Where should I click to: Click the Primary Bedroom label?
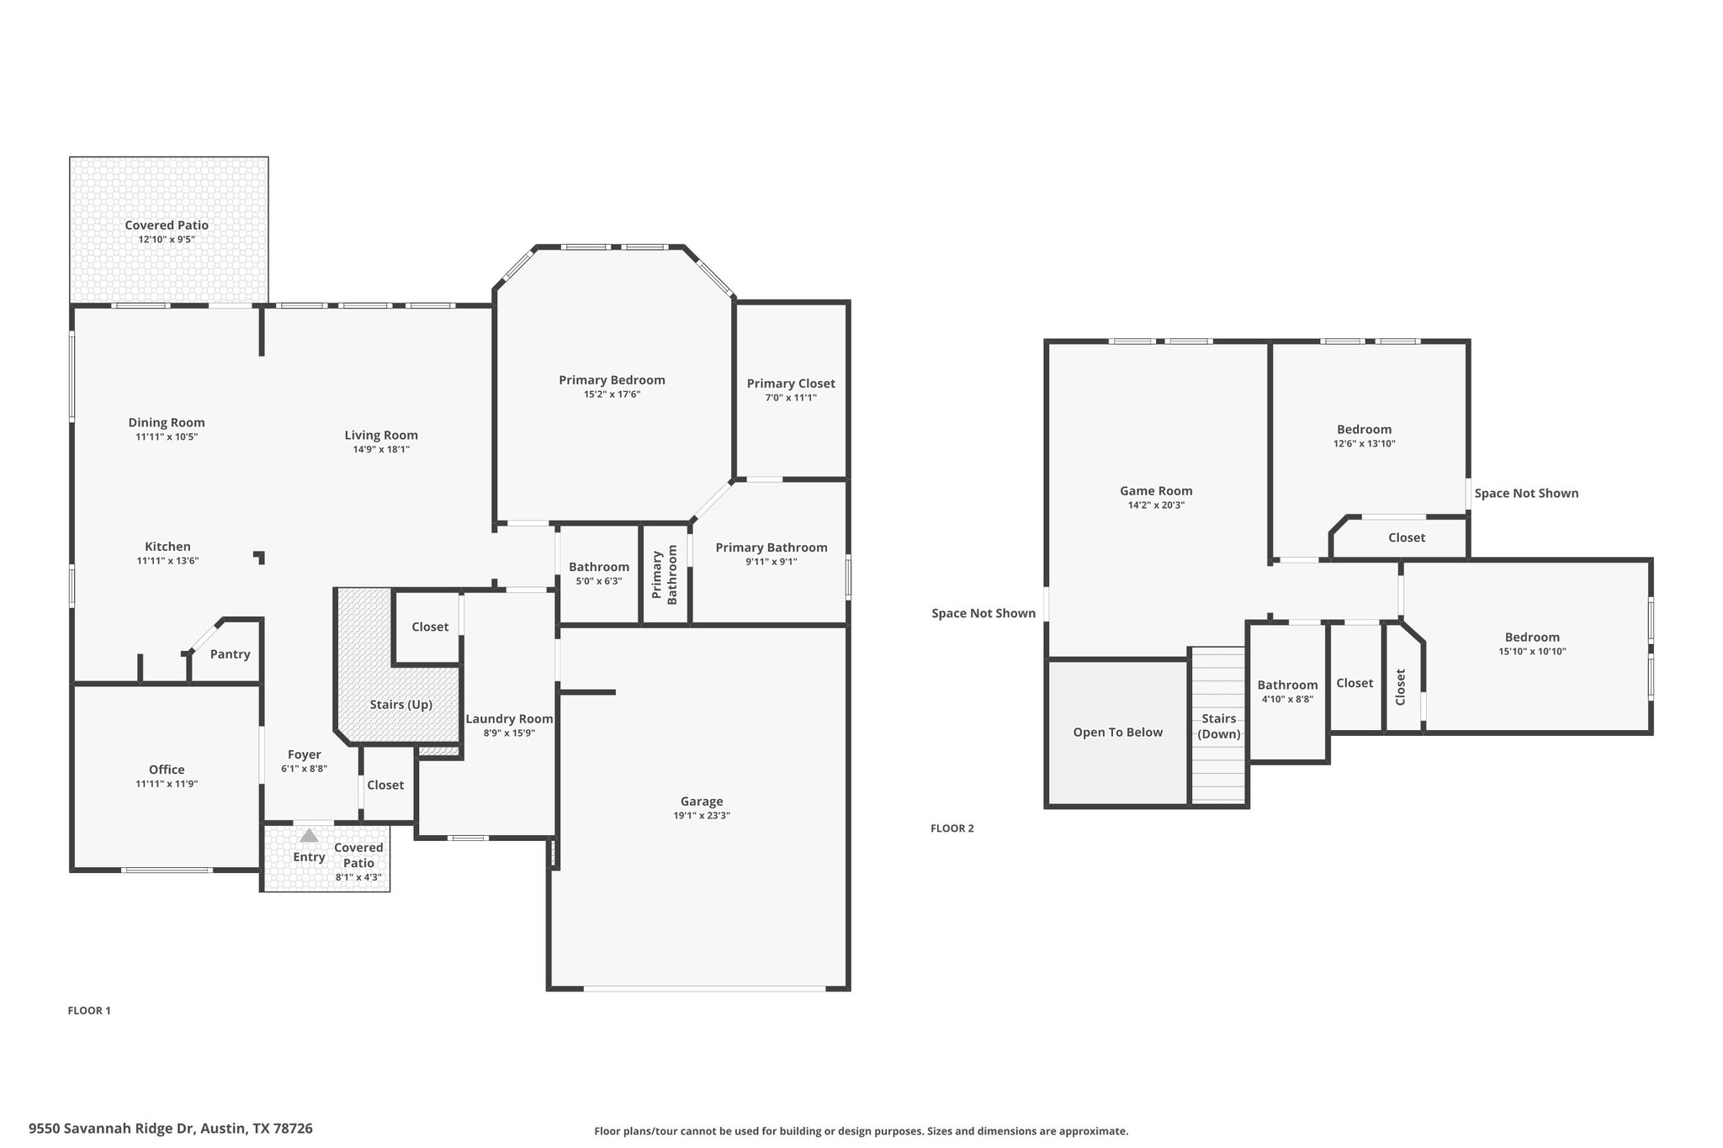612,380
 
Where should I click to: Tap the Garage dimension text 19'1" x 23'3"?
702,815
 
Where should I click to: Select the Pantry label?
230,654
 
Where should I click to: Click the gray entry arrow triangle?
309,835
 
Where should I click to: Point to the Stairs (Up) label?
401,705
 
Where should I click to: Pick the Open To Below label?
1117,733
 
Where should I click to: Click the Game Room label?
1156,491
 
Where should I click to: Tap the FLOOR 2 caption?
952,828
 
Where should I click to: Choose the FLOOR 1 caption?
89,1011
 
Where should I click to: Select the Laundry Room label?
509,719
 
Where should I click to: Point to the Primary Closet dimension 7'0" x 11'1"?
791,398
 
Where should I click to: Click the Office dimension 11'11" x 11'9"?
167,784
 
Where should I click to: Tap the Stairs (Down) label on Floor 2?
1219,727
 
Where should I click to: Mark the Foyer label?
305,755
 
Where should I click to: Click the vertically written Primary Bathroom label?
665,575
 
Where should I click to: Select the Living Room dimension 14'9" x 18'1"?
381,450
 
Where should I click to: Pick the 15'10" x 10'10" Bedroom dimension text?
1532,651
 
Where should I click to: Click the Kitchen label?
167,547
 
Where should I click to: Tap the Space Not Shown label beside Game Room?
983,614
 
